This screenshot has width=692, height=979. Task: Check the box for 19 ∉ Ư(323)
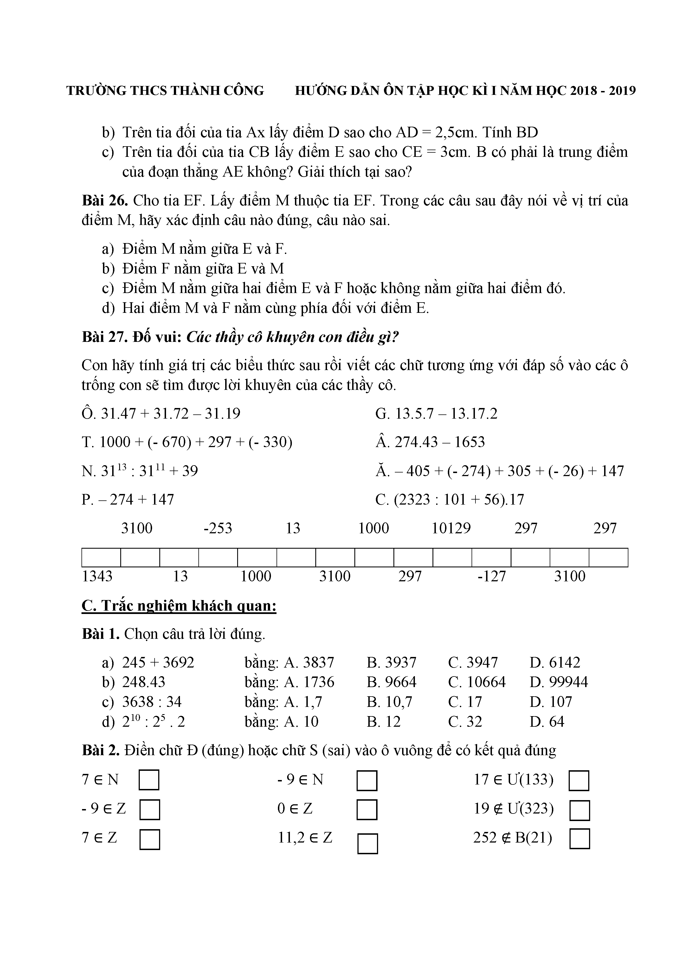pos(579,810)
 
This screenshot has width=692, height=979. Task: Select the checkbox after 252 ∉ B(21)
pos(579,839)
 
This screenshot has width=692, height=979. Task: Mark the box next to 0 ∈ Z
pos(367,810)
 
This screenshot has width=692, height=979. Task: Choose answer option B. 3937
pos(391,662)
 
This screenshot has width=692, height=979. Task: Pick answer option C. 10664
pos(476,682)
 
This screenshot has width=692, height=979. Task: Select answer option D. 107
pos(551,701)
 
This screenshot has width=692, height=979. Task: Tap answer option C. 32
pos(465,721)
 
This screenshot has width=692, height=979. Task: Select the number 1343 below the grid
pos(97,576)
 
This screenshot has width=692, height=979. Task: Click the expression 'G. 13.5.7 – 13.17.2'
pos(436,414)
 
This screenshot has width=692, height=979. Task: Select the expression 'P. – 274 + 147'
pos(128,499)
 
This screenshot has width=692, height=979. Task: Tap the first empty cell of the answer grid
pos(101,557)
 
